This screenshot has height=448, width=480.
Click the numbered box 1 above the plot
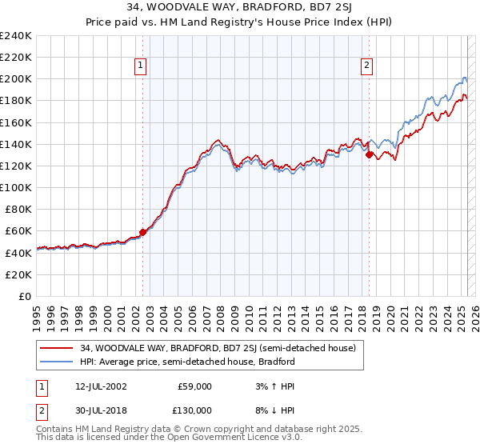tap(141, 66)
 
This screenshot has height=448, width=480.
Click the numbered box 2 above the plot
tap(366, 66)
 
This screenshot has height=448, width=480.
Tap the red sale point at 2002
tap(143, 233)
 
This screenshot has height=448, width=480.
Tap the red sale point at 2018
tap(370, 155)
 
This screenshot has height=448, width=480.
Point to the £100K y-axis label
tap(16, 187)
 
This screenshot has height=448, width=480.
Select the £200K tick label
tap(16, 79)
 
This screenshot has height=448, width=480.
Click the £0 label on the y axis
tap(24, 296)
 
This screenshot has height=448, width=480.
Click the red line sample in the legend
tap(57, 348)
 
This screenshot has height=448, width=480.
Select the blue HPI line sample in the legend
tap(57, 362)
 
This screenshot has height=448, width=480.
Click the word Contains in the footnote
tap(56, 430)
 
